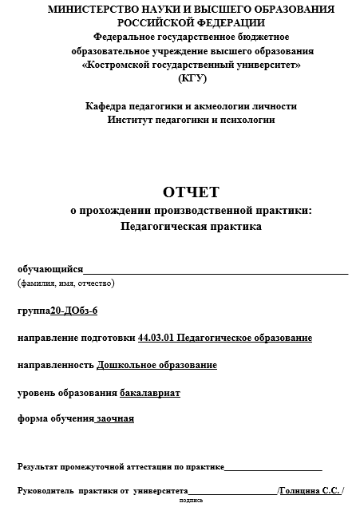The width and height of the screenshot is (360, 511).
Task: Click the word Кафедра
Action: point(107,105)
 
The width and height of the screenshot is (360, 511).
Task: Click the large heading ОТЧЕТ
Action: point(191,192)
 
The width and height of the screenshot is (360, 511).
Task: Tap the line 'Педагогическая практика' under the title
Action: point(191,226)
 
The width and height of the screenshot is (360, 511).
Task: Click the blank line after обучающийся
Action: point(216,271)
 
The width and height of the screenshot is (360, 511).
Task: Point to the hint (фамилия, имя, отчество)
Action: point(66,283)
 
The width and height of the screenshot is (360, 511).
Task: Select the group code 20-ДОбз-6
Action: point(73,311)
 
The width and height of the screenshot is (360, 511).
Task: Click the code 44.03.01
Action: point(156,338)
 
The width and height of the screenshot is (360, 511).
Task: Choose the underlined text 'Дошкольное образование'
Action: point(156,365)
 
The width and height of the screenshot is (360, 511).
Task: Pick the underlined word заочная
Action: point(115,418)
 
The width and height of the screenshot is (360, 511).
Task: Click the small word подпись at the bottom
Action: point(192,501)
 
